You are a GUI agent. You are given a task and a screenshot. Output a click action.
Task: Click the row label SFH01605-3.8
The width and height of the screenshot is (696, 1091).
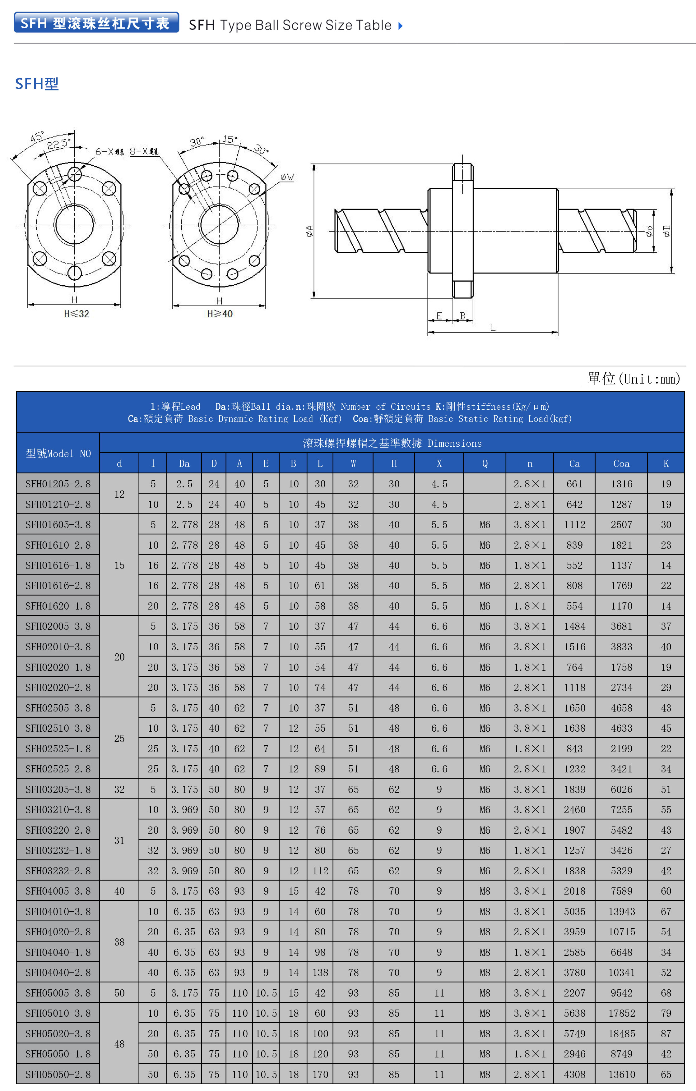click(x=58, y=525)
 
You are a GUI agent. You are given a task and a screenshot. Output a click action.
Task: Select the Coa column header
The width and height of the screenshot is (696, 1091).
click(x=621, y=463)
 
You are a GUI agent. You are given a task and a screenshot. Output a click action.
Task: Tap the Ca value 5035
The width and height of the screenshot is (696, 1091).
click(x=574, y=912)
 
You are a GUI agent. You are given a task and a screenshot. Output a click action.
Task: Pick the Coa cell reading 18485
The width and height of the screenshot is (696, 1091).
click(x=621, y=1034)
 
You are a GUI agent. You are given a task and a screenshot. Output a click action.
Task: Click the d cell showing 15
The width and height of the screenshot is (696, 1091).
click(x=119, y=565)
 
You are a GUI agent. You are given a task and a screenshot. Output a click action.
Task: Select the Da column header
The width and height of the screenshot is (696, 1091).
click(x=184, y=463)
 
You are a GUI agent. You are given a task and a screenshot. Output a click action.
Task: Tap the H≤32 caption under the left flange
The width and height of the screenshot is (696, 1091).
click(x=77, y=314)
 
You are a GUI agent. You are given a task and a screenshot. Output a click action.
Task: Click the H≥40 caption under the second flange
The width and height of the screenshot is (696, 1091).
click(x=220, y=314)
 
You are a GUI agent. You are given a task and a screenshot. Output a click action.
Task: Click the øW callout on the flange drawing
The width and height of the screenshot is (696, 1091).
click(x=287, y=177)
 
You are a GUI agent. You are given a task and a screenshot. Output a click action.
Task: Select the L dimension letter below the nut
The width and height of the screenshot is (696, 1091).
click(x=492, y=328)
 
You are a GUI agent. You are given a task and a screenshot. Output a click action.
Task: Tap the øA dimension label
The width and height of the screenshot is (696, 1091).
click(x=309, y=231)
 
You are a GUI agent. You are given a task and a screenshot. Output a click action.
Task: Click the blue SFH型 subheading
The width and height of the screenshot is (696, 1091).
click(x=37, y=84)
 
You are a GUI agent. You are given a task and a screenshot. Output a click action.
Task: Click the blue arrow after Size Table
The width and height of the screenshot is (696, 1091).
click(x=400, y=26)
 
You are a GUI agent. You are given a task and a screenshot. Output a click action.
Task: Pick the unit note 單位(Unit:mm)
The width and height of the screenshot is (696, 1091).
click(x=633, y=379)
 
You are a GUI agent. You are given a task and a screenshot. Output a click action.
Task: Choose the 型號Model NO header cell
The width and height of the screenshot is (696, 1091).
click(x=58, y=453)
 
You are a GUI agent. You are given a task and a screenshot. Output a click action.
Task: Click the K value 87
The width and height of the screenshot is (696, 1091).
click(x=666, y=1034)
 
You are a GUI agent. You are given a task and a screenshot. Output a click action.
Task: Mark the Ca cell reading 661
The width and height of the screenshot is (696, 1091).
click(x=574, y=484)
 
